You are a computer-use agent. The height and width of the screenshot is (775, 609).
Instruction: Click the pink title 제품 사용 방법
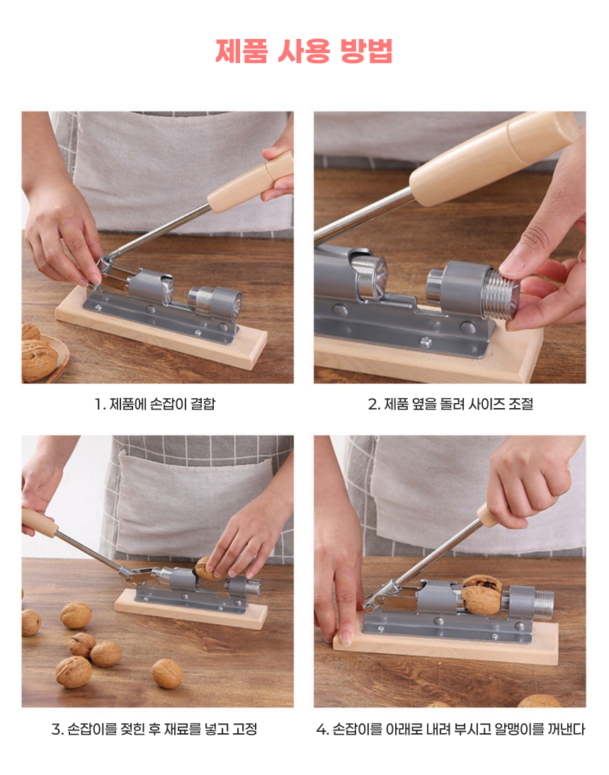(304, 51)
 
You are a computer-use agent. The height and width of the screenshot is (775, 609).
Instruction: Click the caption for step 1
(155, 404)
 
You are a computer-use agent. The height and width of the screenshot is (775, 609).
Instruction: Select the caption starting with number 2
(450, 404)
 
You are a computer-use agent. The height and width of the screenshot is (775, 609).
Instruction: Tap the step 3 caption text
(154, 728)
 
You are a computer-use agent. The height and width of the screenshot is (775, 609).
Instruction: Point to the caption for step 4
(450, 728)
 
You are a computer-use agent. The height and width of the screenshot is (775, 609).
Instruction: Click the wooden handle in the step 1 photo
(251, 181)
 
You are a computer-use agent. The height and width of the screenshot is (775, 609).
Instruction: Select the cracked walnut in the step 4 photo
(482, 594)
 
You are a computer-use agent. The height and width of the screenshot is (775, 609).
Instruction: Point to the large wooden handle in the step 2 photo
(494, 158)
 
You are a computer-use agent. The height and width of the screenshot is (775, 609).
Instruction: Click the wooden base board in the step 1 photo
(161, 329)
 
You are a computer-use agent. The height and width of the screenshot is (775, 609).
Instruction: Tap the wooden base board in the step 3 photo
(191, 609)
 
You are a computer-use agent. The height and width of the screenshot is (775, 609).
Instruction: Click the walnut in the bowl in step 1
(38, 359)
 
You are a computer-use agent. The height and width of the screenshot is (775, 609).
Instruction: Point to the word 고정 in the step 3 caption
(245, 728)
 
